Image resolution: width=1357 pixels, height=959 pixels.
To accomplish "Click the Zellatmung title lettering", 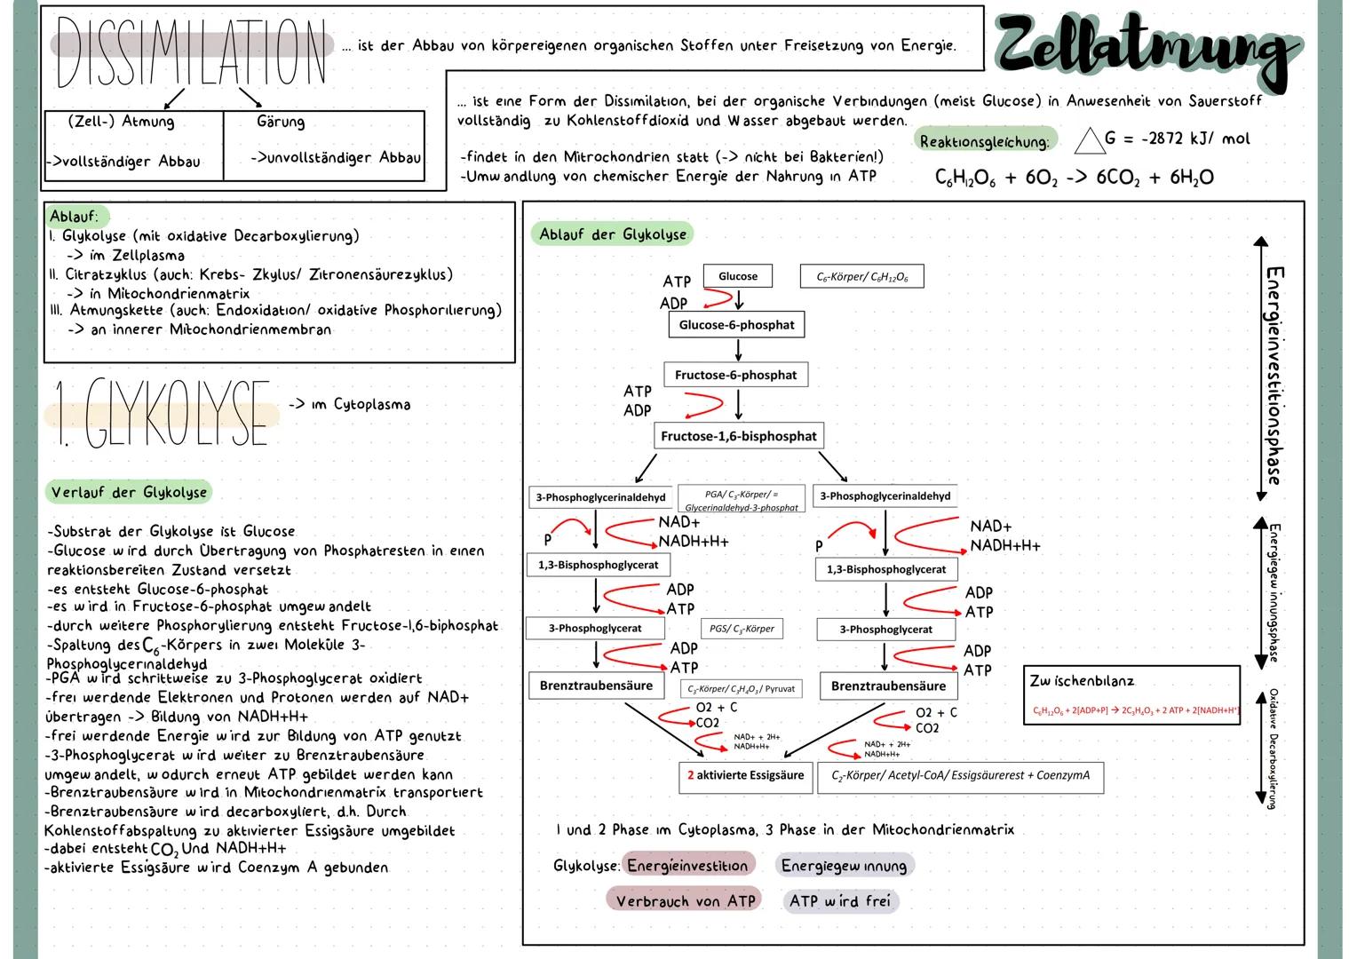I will [1146, 49].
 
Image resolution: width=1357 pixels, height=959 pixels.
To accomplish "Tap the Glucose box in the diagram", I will [737, 276].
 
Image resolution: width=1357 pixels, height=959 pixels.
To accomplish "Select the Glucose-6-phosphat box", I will [736, 325].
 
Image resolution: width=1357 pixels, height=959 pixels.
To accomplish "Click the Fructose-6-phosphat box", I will [735, 375].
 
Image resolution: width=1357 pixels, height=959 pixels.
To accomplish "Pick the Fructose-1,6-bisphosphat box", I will [737, 436].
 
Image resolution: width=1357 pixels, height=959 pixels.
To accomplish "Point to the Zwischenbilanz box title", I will [1082, 681].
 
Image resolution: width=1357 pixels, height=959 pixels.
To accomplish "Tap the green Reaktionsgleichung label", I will [984, 141].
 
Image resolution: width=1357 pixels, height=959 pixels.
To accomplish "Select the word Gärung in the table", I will [280, 122].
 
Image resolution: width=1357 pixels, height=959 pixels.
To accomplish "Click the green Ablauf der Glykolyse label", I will [613, 234].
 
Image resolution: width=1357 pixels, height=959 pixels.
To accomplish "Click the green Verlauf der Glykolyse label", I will [129, 492].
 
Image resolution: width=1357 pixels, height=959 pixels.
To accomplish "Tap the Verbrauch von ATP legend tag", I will [685, 900].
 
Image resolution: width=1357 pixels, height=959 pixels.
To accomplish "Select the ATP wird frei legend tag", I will [839, 900].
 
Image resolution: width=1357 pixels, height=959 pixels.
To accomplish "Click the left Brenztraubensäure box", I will [596, 686].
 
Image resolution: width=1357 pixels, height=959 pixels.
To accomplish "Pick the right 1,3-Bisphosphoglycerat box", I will [885, 569].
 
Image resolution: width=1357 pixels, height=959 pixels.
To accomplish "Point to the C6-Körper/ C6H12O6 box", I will [861, 277].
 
